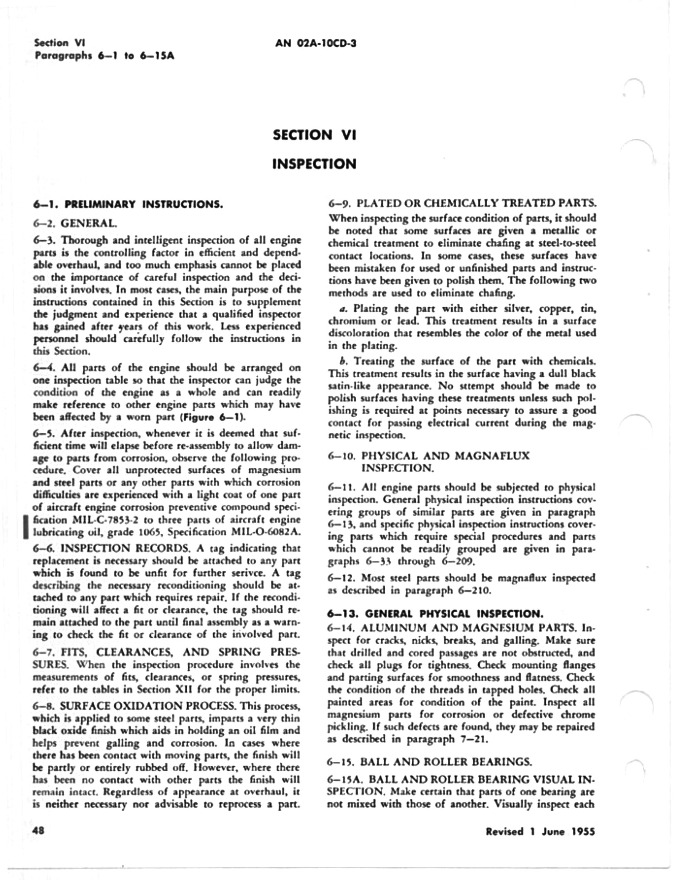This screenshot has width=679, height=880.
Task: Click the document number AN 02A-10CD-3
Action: (x=316, y=43)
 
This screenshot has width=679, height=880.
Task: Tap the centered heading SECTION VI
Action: (x=314, y=135)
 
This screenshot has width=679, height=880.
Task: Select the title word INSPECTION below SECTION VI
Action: (x=314, y=164)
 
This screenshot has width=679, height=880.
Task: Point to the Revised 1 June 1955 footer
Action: (x=540, y=832)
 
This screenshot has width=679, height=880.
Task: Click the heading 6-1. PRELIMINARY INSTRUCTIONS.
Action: (x=128, y=204)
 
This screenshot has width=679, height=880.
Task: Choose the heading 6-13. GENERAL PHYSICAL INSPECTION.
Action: (x=435, y=614)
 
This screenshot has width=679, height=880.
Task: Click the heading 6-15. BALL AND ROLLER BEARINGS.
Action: (x=430, y=762)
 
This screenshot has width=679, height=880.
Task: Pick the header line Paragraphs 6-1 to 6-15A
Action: (x=105, y=56)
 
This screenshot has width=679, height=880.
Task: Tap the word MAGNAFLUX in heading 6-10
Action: (x=492, y=456)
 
